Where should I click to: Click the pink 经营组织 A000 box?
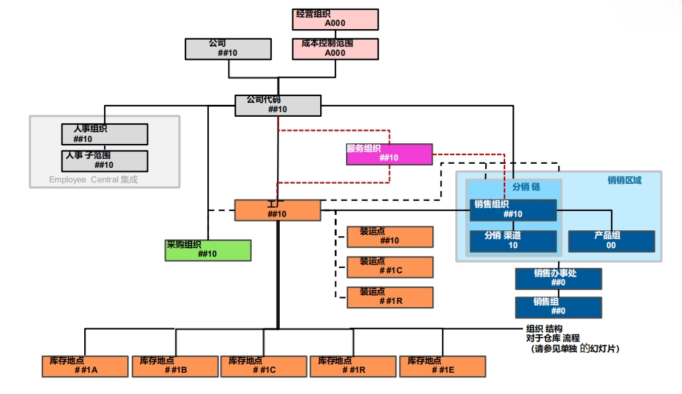pos(335,19)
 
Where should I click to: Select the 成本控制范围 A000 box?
pos(335,49)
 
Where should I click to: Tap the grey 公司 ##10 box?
pos(228,49)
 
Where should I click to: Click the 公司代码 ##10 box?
pos(278,105)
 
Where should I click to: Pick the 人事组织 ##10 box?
pos(104,134)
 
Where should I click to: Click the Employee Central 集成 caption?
pos(93,179)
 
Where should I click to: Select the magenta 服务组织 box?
pos(389,154)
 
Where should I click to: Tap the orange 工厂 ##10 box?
pos(277,210)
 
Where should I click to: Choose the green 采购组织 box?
pos(208,250)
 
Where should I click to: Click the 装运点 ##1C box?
pos(390,267)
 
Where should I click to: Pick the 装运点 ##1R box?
pos(390,297)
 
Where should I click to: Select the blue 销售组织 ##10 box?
pos(513,210)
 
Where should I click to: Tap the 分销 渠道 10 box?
pos(513,241)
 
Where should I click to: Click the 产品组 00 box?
pos(611,241)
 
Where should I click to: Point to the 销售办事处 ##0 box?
pos(559,279)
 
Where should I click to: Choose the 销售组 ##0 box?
pos(559,307)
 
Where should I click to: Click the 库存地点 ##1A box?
pos(84,366)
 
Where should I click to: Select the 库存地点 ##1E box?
pos(442,366)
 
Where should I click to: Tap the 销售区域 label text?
pos(624,180)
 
